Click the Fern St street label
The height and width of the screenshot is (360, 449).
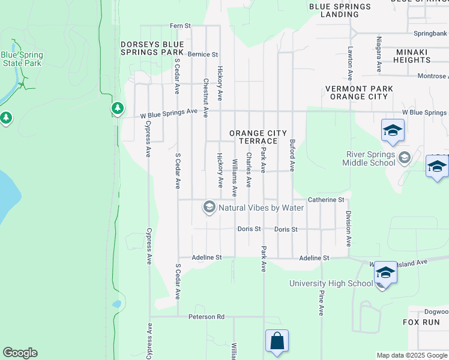(180, 26)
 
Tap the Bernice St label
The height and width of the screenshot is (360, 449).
(202, 54)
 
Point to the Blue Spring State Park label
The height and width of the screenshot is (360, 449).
(22, 58)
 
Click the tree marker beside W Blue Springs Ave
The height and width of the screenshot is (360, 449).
(118, 109)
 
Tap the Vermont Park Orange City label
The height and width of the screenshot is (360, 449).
(359, 92)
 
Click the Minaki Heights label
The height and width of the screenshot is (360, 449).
(411, 56)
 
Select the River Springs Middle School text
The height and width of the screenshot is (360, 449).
(369, 158)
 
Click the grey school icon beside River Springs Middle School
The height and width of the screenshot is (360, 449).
(404, 158)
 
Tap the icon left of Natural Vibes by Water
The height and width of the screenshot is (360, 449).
(209, 208)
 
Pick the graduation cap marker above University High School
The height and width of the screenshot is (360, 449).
(385, 273)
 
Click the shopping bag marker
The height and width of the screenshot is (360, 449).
(277, 341)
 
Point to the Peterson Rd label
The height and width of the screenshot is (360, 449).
(206, 316)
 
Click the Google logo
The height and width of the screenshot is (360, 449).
(20, 353)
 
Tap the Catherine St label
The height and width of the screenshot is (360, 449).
(326, 199)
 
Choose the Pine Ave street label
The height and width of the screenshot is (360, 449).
(321, 303)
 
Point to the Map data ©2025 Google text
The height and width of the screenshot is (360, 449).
(411, 355)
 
